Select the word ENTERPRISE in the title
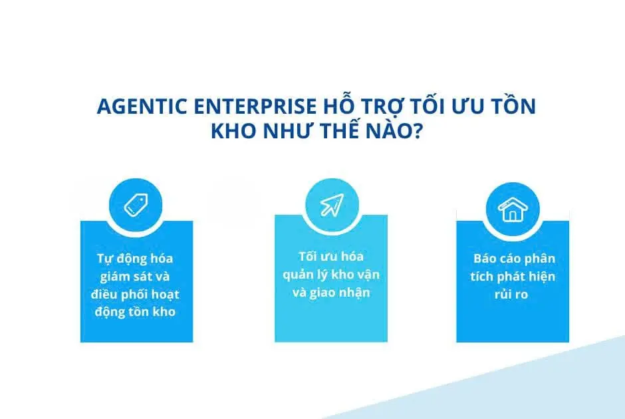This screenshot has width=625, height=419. pos(255,106)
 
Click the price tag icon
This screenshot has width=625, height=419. pos(136,205)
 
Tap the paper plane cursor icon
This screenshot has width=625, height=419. pos(332,205)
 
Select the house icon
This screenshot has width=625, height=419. pos(513,209)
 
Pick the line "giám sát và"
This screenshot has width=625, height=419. pos(135,276)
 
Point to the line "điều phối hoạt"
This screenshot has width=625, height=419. pos(135,294)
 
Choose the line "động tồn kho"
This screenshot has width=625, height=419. pos(135,312)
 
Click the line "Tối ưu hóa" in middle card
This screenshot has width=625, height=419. pos(331,256)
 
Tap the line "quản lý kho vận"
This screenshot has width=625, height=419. pos(331,275)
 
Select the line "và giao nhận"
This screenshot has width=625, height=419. pos(331,293)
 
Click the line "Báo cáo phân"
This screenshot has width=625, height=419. pos(514,258)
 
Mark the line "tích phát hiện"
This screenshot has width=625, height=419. pos(513,276)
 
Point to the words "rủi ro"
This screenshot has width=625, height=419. pos(511,294)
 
